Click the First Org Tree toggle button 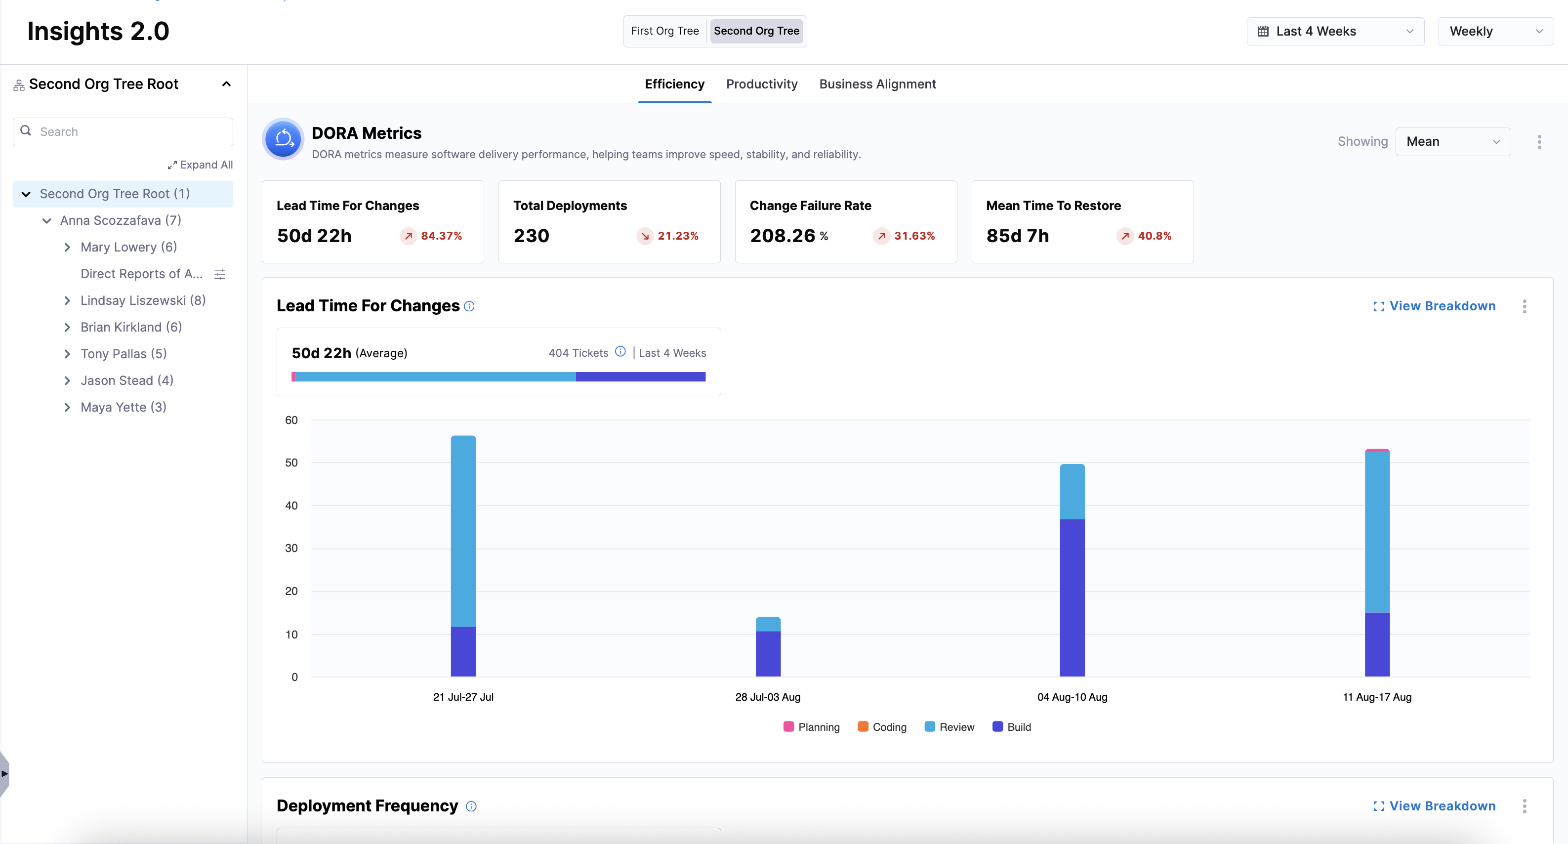665,31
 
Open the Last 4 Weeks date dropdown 1335,32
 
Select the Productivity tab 761,84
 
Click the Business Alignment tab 877,84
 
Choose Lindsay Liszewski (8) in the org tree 143,300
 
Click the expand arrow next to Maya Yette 67,407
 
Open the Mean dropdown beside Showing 1452,142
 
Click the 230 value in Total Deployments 532,236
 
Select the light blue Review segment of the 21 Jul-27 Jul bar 463,530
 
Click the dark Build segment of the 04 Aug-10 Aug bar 1072,597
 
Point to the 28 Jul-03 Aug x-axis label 768,697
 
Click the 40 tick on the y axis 291,506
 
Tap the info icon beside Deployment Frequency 471,806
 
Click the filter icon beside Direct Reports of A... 220,274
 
